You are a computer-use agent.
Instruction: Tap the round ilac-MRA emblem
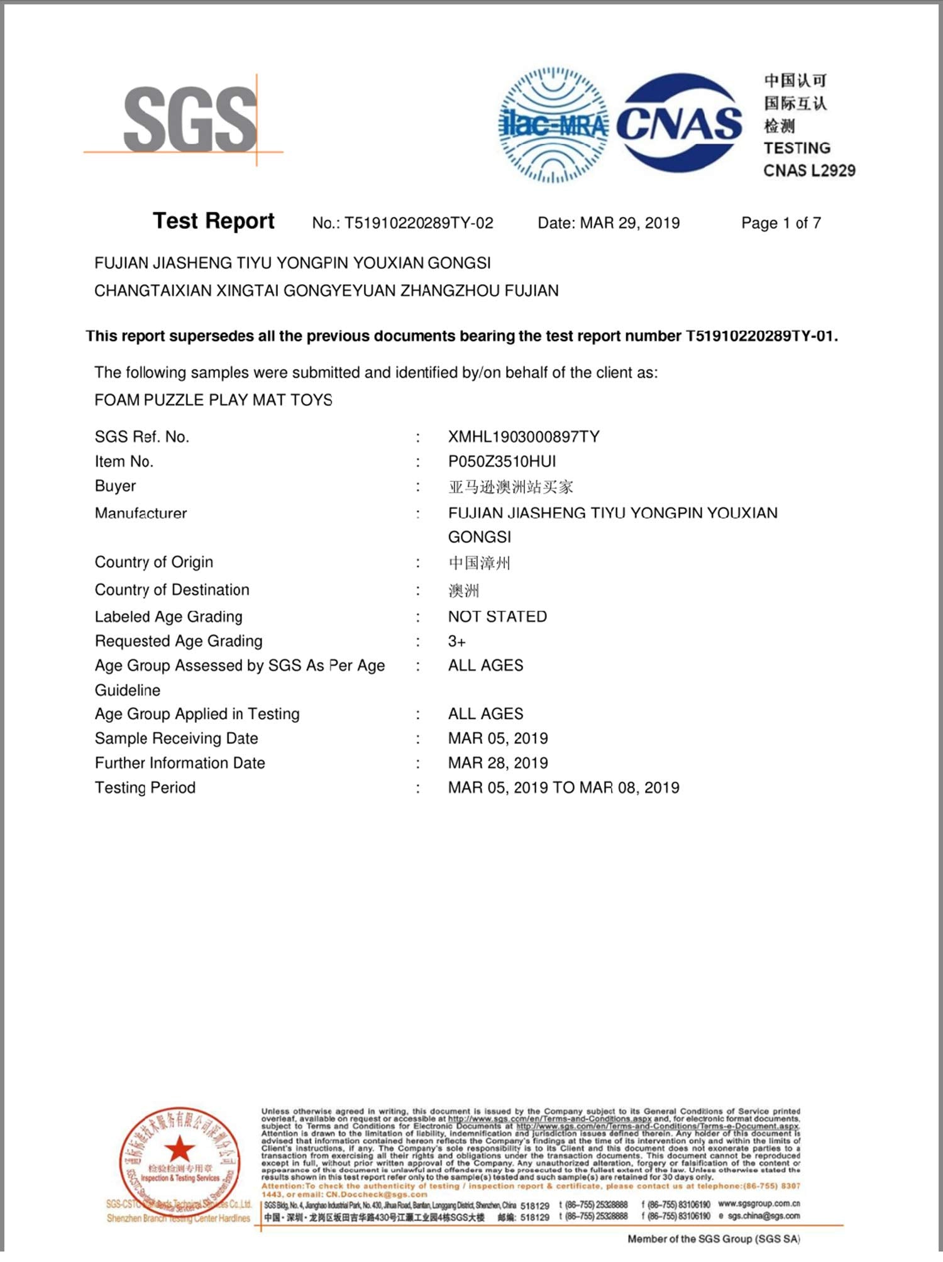553,126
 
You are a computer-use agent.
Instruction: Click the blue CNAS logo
679,123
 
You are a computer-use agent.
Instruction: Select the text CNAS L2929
809,170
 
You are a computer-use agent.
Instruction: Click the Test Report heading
214,221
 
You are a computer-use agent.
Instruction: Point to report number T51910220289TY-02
419,223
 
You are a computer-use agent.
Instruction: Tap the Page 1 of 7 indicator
781,223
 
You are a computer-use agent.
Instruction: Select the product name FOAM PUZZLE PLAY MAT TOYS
213,400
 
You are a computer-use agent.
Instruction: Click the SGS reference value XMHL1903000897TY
524,437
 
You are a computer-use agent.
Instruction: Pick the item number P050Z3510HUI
502,461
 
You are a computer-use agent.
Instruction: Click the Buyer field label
115,486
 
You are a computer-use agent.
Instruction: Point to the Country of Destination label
172,590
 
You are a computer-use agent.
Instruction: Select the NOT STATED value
497,617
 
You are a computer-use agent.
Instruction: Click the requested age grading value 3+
457,642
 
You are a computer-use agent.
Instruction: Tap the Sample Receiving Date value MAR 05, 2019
498,738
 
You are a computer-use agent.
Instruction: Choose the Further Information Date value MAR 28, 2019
498,763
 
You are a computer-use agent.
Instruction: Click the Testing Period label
145,787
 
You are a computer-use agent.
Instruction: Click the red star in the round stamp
180,1149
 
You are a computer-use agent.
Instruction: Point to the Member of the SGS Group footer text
714,1239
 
